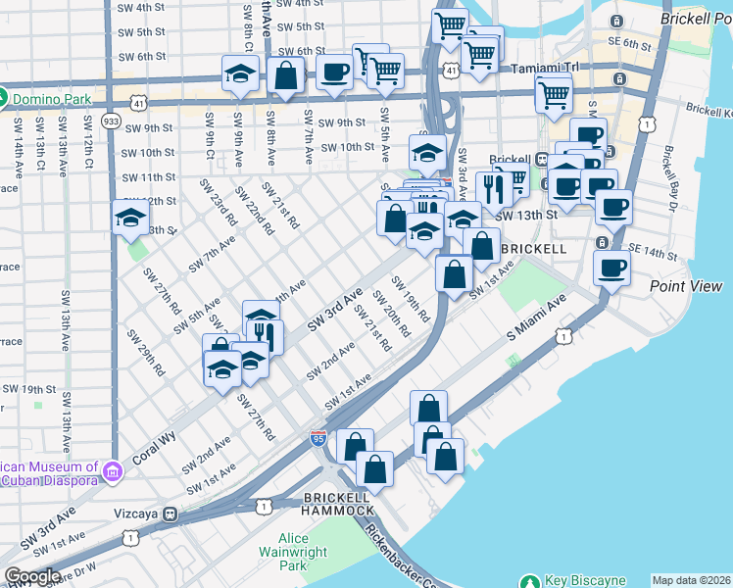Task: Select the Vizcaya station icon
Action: [170, 513]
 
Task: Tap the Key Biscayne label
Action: [583, 580]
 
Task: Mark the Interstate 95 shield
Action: [318, 439]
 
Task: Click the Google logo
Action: [31, 576]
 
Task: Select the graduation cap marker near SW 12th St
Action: [130, 220]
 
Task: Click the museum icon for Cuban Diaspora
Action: [113, 473]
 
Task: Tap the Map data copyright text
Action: [690, 580]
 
